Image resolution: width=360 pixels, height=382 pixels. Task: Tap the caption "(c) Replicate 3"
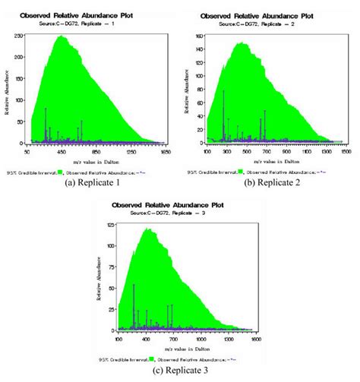[x=180, y=374]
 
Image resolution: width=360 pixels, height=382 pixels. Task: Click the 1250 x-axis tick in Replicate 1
[x=131, y=152]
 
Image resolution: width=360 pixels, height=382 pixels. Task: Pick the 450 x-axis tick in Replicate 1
[x=62, y=152]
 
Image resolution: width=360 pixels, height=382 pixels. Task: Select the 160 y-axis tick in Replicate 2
[x=199, y=36]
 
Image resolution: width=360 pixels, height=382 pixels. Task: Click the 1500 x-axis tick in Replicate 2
[x=344, y=152]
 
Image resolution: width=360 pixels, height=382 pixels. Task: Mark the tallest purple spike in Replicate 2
[x=223, y=92]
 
